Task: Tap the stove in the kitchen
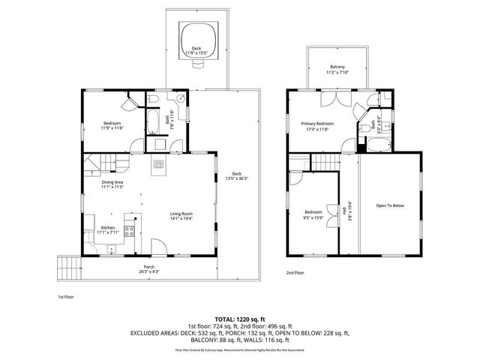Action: (x=129, y=229)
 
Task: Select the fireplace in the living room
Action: (x=158, y=165)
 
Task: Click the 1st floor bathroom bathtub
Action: (x=151, y=121)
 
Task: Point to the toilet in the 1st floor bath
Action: (x=151, y=100)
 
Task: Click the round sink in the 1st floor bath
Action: (x=180, y=100)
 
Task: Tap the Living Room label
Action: (x=181, y=214)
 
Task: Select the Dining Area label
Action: (x=113, y=181)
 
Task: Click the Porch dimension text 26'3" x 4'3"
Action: (x=149, y=271)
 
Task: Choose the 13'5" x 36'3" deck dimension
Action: (x=237, y=178)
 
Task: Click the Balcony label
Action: (x=337, y=67)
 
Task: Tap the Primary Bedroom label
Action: (x=317, y=123)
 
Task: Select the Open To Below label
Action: (x=390, y=205)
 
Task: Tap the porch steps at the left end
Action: (x=68, y=265)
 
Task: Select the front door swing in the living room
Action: (x=159, y=247)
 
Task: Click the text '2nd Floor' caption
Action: (x=295, y=273)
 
